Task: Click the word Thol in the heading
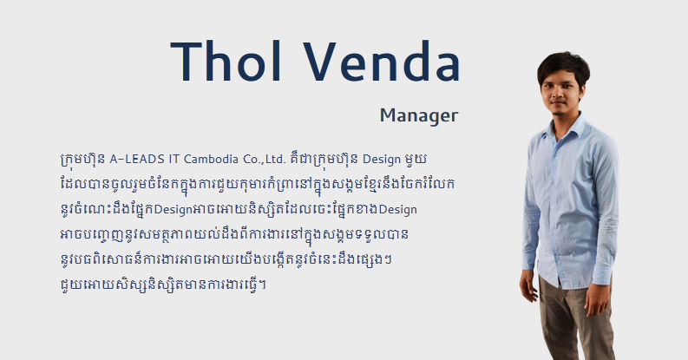point(226,61)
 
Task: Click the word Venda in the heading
point(382,61)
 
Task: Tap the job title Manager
point(419,115)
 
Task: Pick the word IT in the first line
point(174,159)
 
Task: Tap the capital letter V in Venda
point(320,61)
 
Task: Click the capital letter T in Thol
point(187,62)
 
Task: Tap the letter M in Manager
point(388,115)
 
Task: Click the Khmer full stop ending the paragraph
point(262,285)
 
